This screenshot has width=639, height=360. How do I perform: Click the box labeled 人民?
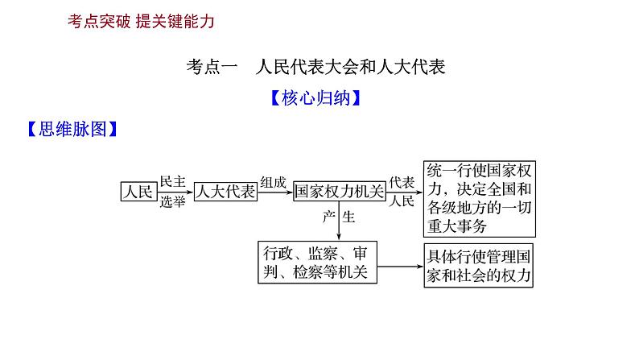coord(136,192)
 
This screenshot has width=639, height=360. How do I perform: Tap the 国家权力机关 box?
coord(338,192)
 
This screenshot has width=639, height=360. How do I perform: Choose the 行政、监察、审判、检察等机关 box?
coord(317,262)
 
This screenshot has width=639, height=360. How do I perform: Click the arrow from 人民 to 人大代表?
coord(174,192)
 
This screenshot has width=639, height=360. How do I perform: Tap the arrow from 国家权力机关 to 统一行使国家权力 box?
coord(402,192)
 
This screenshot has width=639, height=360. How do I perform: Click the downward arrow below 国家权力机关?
coord(339,221)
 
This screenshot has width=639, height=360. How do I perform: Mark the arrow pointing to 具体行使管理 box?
coord(401,266)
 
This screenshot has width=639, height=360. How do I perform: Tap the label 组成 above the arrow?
coord(273,182)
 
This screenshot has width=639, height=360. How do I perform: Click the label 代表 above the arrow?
coord(402,182)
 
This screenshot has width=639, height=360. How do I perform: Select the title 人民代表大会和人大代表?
coord(349,68)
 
